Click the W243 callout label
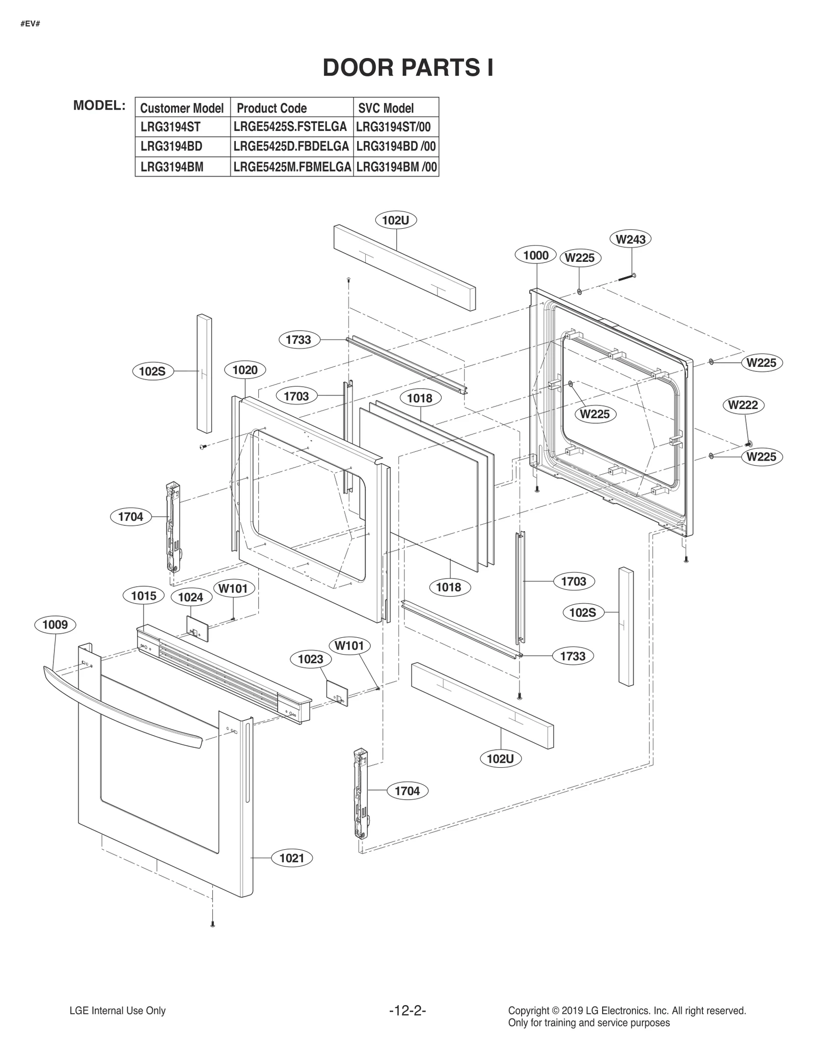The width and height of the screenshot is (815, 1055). (x=630, y=239)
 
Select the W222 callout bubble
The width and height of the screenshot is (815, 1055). (x=743, y=405)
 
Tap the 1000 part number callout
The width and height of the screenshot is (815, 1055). (x=536, y=255)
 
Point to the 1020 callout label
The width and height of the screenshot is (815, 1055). (x=245, y=370)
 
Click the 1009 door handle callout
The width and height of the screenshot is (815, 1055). (x=55, y=625)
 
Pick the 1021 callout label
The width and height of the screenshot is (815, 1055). (x=292, y=858)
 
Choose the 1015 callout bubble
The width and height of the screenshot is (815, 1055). (x=144, y=596)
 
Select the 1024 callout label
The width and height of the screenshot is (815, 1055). (x=191, y=597)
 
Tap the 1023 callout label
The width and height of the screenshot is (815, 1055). (x=310, y=659)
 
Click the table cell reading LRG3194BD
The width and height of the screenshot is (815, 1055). (x=171, y=147)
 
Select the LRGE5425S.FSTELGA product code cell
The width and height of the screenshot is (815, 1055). (x=290, y=126)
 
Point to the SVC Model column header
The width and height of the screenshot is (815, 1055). (x=386, y=108)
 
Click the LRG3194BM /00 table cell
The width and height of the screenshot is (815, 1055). (x=396, y=167)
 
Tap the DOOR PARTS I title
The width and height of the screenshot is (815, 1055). (x=408, y=68)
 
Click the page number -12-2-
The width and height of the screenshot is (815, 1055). (x=407, y=1011)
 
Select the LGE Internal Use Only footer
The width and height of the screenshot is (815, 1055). (x=118, y=1011)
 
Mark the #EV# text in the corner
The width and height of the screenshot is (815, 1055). (x=31, y=24)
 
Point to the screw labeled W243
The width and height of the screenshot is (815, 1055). (x=626, y=278)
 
